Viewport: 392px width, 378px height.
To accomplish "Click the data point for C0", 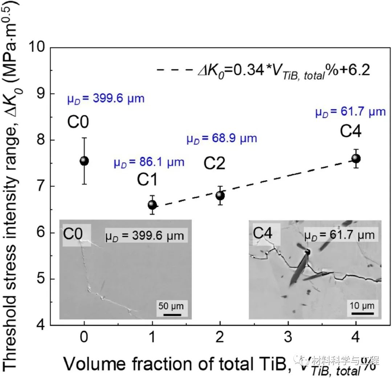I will click(84, 161).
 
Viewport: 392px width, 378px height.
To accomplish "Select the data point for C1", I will click(152, 205).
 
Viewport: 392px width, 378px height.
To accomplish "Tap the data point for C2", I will click(220, 196).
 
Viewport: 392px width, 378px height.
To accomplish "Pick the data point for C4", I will click(356, 158).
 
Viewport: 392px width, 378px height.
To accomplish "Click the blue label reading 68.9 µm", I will click(222, 138).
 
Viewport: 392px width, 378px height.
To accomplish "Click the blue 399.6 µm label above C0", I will click(106, 98).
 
